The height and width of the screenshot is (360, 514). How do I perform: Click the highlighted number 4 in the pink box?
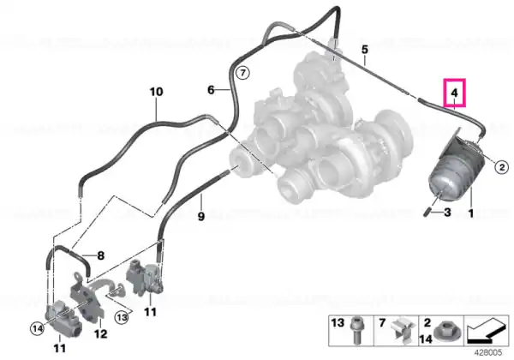[x=454, y=93]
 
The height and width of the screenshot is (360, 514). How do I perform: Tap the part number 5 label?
[x=365, y=50]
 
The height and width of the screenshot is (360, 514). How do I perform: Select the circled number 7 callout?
[x=242, y=72]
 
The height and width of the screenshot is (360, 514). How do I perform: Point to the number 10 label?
[x=157, y=92]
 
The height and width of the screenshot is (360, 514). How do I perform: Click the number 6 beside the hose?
[x=211, y=89]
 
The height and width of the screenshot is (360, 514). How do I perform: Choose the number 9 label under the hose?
[x=201, y=216]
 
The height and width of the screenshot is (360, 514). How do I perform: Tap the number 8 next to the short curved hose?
[x=100, y=255]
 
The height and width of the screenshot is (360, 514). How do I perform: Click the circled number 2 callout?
[x=501, y=167]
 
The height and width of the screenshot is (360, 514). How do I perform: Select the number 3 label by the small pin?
[x=447, y=213]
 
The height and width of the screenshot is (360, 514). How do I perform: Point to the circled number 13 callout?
[x=122, y=317]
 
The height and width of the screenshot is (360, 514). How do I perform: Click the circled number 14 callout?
[x=37, y=328]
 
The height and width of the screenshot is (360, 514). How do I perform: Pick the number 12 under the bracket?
[x=100, y=333]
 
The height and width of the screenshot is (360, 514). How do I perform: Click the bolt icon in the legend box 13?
[x=356, y=330]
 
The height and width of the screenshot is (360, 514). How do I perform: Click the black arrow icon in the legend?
[x=487, y=330]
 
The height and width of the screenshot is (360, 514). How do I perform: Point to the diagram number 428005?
[x=488, y=352]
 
